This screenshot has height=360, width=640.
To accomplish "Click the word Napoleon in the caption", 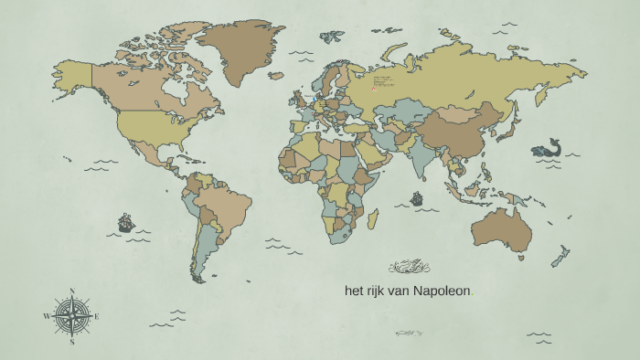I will [x=442, y=291].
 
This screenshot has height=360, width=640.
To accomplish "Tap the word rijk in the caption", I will [x=379, y=291].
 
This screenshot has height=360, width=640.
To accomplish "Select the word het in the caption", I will [x=355, y=291].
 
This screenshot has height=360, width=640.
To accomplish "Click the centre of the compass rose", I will [x=71, y=316].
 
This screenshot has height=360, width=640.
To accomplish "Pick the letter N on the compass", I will [x=71, y=292].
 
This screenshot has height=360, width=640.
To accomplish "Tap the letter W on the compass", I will [x=46, y=316].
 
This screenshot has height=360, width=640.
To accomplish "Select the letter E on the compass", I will [x=96, y=316].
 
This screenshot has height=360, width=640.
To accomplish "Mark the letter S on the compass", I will [x=71, y=343].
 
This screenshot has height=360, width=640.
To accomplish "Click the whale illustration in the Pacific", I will [x=548, y=149].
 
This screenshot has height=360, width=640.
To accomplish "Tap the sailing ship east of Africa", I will [x=417, y=197].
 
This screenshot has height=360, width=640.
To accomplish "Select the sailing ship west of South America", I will [x=125, y=222].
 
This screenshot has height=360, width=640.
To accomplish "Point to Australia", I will [x=501, y=228].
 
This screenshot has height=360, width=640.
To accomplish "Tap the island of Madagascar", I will [x=373, y=219].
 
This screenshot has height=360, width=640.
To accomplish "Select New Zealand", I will [x=560, y=257].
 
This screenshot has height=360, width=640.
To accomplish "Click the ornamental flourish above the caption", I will [x=410, y=268].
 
